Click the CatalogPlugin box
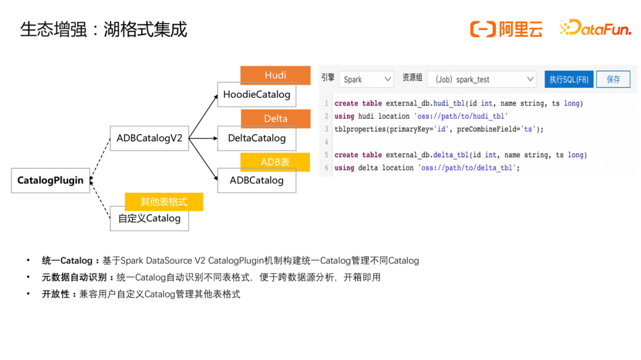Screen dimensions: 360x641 (50, 180)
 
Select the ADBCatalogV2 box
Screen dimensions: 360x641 (149, 138)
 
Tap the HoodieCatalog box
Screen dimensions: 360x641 (256, 95)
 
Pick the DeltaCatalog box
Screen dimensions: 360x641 (256, 138)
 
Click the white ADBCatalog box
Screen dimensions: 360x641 (256, 181)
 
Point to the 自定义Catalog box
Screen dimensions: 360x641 (149, 219)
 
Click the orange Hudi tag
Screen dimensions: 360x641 (275, 75)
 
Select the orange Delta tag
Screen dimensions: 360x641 (275, 119)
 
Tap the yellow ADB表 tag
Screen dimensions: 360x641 (275, 162)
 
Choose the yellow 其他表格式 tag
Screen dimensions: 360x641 (164, 202)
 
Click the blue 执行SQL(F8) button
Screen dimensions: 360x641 (569, 79)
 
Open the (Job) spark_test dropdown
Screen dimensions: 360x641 (481, 79)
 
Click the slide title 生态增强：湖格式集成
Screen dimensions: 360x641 (104, 29)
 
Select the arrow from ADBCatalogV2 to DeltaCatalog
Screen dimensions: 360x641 (203, 139)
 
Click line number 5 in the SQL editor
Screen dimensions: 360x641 (326, 155)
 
